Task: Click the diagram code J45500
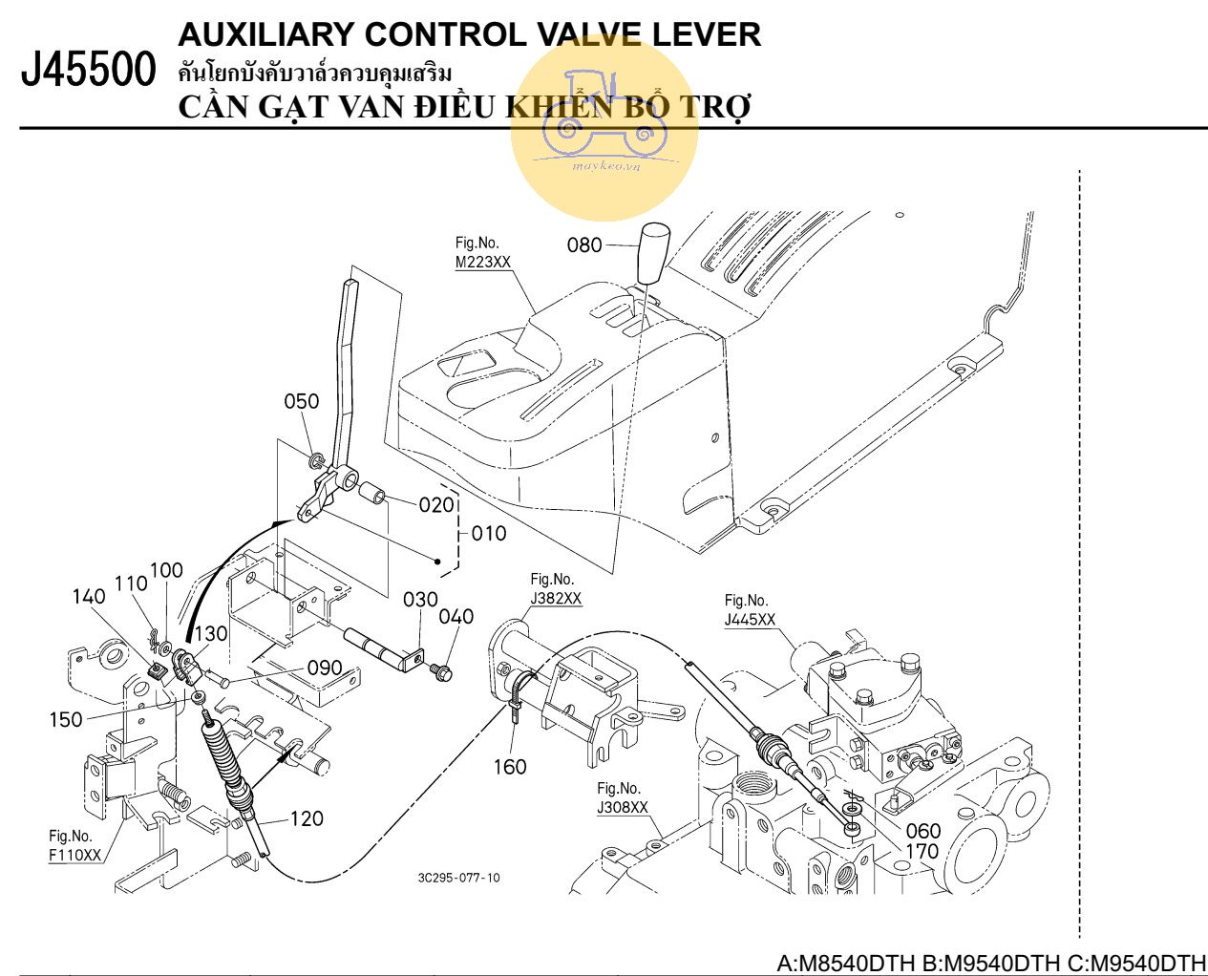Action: [88, 72]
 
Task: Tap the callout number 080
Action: [584, 245]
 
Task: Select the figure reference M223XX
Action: [482, 262]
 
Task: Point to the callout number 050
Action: [302, 401]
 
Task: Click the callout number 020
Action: [436, 504]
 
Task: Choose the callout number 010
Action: [489, 533]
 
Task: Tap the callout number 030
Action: [420, 600]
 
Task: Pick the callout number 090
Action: [325, 668]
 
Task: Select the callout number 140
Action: [89, 597]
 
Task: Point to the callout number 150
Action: [66, 719]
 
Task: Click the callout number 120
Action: [307, 818]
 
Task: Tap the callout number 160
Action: [510, 767]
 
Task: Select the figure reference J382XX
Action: [556, 599]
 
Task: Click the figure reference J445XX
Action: [750, 619]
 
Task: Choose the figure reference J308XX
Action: [623, 808]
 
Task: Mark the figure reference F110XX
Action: [74, 855]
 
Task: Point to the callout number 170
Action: [922, 851]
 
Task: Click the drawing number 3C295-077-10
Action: [458, 878]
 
